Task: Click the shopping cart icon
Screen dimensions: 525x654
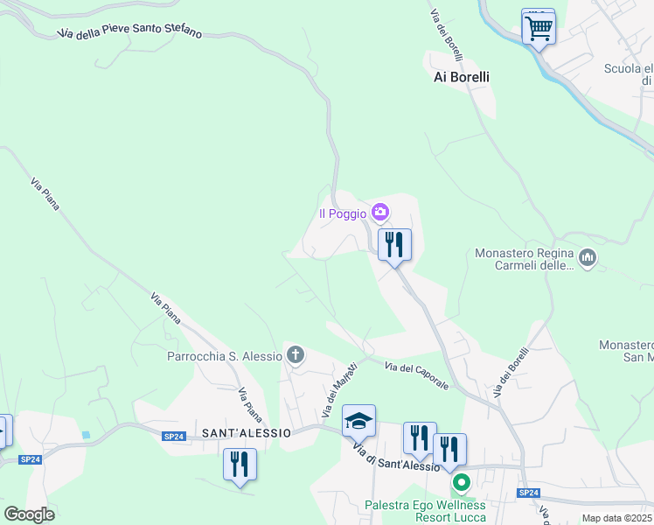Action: click(x=539, y=27)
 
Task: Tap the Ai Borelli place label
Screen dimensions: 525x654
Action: click(x=462, y=77)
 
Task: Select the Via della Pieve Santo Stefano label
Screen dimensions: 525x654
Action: click(x=129, y=31)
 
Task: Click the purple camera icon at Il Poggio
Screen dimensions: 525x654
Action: click(x=379, y=212)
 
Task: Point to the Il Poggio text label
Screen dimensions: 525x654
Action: click(x=343, y=213)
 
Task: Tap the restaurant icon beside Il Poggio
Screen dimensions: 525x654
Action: click(x=394, y=244)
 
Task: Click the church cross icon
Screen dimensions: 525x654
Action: click(x=296, y=355)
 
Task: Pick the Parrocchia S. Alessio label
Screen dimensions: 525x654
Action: click(x=225, y=356)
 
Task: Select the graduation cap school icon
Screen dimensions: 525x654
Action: click(x=358, y=422)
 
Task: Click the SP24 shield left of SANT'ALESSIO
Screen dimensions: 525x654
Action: click(x=174, y=436)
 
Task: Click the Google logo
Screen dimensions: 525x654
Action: click(x=28, y=514)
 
